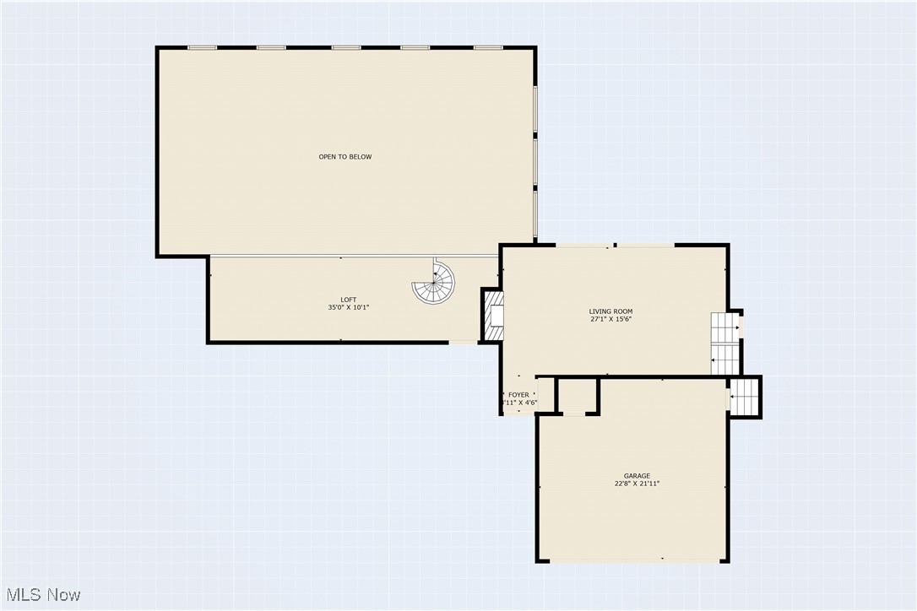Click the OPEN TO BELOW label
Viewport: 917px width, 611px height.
point(345,157)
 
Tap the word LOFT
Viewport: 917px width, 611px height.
point(348,300)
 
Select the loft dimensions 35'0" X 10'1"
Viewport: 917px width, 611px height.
point(348,308)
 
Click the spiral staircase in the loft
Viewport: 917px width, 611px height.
point(433,282)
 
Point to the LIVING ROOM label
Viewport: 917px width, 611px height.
point(610,311)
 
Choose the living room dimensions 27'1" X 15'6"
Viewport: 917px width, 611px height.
point(610,320)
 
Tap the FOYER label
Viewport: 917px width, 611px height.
point(518,395)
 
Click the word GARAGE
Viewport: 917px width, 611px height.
point(637,476)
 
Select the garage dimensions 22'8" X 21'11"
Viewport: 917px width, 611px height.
point(637,484)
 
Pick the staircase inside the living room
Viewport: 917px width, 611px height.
point(724,343)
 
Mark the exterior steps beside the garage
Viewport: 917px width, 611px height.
point(744,397)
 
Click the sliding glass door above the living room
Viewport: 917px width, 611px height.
point(614,246)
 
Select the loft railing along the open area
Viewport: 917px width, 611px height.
point(338,257)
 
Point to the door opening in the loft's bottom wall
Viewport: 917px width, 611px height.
point(464,342)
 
